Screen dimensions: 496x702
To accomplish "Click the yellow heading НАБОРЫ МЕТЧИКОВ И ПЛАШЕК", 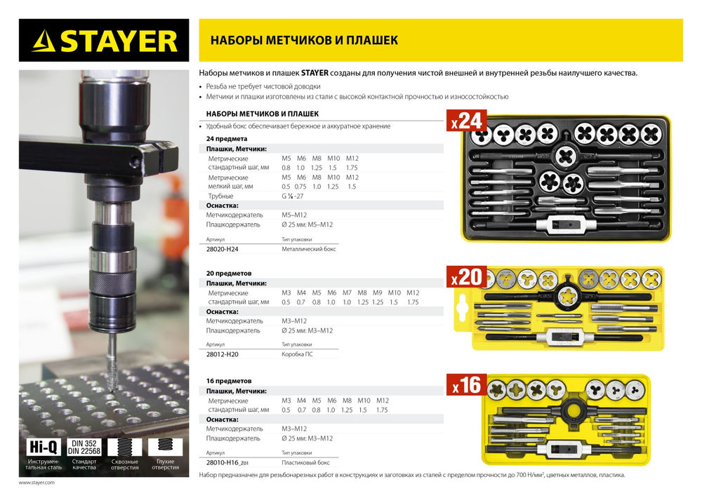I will [304, 41].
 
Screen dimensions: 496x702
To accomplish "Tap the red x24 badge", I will [466, 121].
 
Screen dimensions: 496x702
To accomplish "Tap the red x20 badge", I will [466, 277].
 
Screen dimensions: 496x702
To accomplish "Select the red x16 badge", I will [466, 385].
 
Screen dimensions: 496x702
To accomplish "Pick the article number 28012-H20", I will [223, 355].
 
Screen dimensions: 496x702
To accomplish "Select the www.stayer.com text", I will [37, 483].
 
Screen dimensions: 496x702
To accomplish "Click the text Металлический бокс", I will [307, 248].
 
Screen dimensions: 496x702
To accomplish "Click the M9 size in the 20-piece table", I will [377, 293].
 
